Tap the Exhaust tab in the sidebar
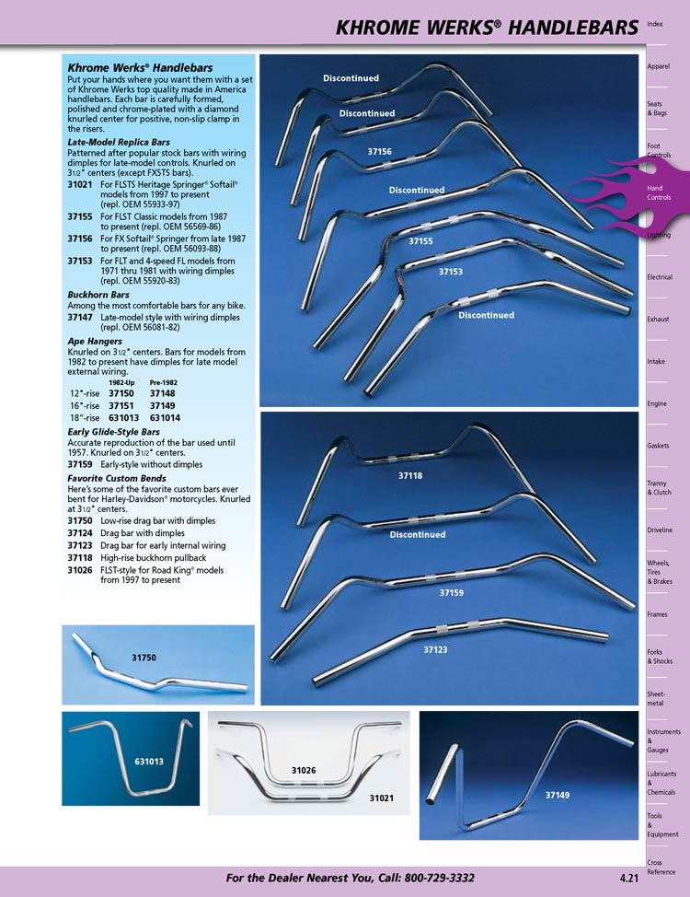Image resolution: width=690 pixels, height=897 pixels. point(658,319)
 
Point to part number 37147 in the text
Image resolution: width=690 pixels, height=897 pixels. point(80,316)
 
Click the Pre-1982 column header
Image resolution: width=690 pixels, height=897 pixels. point(165,382)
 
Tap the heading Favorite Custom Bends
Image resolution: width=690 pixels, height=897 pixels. point(115,479)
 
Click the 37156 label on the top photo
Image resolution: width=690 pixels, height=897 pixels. point(379,151)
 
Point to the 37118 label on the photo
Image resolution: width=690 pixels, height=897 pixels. point(410,476)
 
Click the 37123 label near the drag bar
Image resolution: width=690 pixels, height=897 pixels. point(435,649)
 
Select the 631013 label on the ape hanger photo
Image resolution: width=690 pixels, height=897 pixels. point(149,762)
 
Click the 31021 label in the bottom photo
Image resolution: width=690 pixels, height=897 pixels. point(383,798)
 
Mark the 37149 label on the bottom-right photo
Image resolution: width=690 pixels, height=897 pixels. point(558,795)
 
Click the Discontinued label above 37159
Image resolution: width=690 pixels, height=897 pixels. point(417,534)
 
